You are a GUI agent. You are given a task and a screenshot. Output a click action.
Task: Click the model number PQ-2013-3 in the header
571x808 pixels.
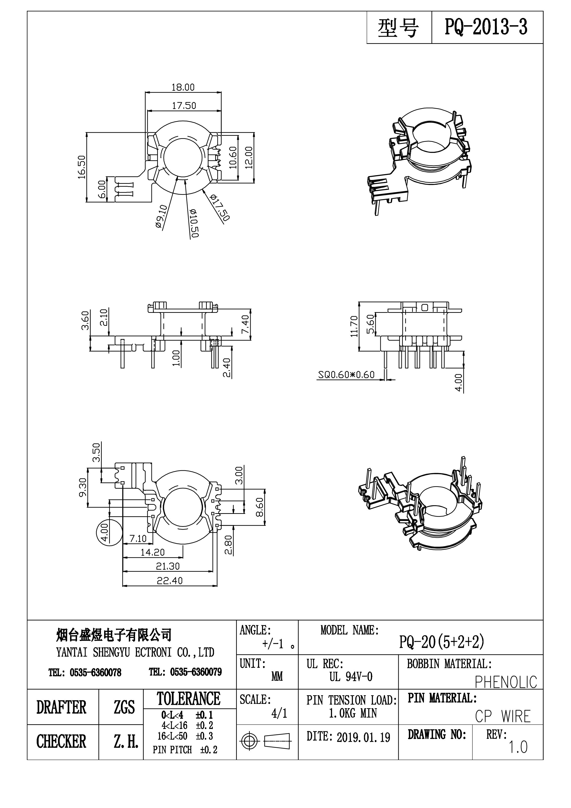486,27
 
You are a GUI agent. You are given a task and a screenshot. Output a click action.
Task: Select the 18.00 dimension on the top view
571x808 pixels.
183,87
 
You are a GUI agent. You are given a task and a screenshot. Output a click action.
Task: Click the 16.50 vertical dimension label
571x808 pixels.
82,167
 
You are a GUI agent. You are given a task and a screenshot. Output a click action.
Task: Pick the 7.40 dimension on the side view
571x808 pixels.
245,324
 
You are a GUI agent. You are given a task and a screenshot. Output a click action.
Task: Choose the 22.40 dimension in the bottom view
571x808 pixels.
170,581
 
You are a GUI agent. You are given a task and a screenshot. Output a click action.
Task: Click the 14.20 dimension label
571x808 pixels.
152,552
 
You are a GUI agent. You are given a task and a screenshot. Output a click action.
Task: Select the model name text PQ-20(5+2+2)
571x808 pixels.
441,642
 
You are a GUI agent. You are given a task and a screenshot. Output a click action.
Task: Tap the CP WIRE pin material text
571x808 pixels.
502,717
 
